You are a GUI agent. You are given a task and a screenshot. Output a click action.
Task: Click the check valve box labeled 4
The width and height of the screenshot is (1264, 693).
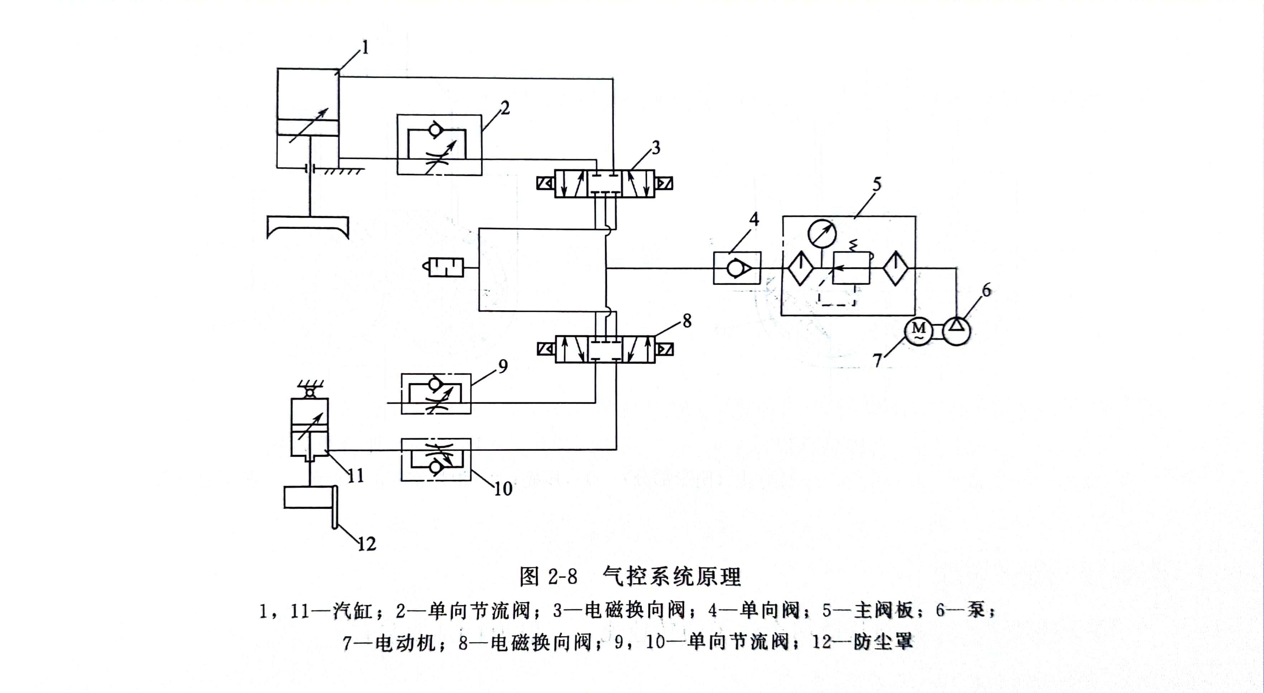click(x=737, y=268)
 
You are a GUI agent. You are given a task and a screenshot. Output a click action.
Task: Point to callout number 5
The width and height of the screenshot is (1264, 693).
click(x=877, y=184)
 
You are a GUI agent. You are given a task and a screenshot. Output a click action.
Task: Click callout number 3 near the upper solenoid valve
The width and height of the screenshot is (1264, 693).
click(x=656, y=147)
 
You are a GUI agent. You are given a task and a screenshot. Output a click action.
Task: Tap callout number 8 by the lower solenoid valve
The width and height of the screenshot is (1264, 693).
click(x=687, y=321)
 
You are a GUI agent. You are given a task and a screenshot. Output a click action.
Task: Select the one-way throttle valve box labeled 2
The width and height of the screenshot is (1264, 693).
click(x=439, y=145)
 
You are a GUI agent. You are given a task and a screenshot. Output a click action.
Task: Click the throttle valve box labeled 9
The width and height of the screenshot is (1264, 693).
click(x=436, y=394)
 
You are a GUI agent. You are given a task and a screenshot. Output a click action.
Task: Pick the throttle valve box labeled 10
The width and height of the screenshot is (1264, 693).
click(x=436, y=460)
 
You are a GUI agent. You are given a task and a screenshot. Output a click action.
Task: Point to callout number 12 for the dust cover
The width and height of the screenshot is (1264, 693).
click(x=367, y=544)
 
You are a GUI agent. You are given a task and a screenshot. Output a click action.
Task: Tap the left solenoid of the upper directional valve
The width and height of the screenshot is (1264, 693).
click(x=545, y=183)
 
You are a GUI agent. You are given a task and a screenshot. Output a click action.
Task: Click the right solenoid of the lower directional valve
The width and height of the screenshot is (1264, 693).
click(x=664, y=349)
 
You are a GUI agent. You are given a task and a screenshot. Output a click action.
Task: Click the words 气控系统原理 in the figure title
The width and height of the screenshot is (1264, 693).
click(x=672, y=576)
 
